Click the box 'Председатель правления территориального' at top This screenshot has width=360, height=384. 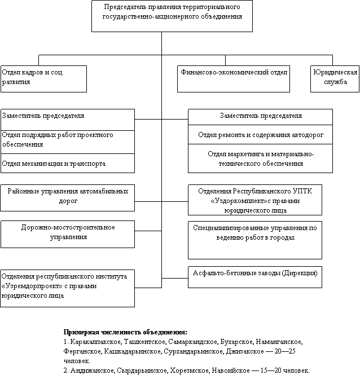tap(172, 16)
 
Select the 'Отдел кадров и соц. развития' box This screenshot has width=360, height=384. tap(43, 79)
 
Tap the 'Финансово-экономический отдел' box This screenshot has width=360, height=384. tap(234, 79)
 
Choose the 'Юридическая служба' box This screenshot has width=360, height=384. tap(335, 79)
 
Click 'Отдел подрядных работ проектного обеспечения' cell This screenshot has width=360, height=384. tap(68, 142)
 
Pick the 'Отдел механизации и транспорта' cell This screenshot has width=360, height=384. tap(68, 164)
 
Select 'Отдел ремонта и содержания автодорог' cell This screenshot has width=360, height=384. tap(260, 134)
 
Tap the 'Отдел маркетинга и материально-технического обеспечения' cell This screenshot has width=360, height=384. tap(260, 158)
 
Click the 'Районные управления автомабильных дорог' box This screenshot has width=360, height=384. tap(67, 198)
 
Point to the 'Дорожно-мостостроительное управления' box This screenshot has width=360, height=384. tap(68, 234)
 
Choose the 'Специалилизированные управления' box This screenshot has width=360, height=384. tap(255, 240)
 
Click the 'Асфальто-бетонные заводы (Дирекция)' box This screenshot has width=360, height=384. tap(255, 277)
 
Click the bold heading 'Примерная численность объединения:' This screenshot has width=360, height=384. tap(125, 332)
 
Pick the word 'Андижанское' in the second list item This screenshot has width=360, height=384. tap(93, 370)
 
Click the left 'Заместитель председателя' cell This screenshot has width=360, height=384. tap(68, 120)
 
